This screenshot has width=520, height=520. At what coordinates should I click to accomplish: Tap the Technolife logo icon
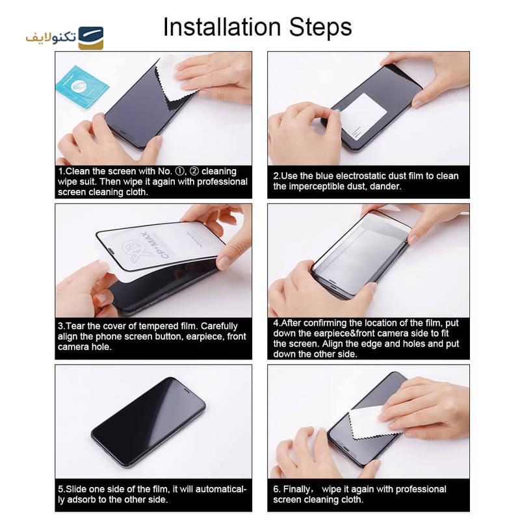tap(90, 38)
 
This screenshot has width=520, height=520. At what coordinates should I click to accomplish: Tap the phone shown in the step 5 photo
tap(148, 421)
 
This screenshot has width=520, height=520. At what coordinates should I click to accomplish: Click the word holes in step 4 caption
tap(410, 343)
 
